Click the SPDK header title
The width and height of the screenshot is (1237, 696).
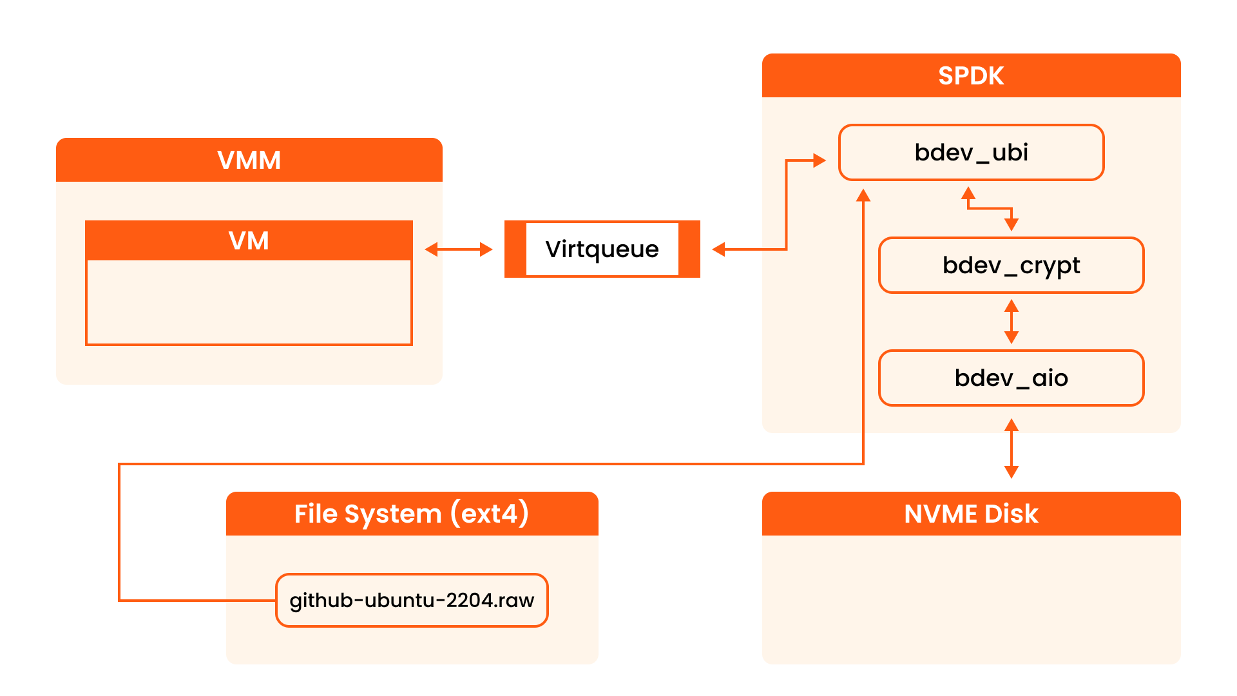(971, 76)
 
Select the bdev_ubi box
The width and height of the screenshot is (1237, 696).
(971, 153)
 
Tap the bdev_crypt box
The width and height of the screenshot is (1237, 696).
(1011, 266)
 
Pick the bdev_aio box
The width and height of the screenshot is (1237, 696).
(1011, 378)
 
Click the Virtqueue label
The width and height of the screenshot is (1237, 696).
(602, 249)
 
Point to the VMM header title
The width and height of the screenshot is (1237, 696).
(249, 160)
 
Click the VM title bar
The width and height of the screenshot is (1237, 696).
(249, 241)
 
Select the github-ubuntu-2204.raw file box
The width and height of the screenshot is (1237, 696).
(412, 601)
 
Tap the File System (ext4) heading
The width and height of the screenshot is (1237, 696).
(412, 514)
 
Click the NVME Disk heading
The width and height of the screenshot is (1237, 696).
(971, 514)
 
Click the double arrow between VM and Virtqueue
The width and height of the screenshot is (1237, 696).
(459, 249)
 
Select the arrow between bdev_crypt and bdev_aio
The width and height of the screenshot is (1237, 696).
(1012, 322)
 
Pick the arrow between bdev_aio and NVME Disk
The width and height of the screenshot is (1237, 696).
(1012, 449)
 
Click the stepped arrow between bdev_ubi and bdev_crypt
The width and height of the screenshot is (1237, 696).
(990, 208)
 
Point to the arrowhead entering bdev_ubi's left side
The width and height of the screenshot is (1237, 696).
(820, 160)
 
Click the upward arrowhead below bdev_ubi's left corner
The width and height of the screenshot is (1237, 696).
(863, 196)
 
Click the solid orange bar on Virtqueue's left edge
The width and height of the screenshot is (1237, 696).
(515, 249)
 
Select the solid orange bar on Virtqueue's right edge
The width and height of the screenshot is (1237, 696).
(689, 249)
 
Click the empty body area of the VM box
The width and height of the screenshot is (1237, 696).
(249, 302)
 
